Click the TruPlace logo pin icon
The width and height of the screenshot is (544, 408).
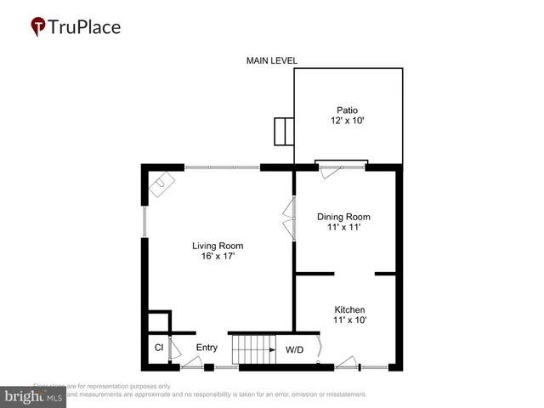click(x=38, y=27)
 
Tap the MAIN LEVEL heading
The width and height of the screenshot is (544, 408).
click(x=271, y=60)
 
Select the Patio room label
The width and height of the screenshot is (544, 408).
click(x=346, y=110)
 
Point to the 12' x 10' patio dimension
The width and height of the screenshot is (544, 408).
click(x=346, y=122)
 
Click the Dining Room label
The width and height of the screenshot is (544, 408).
click(x=343, y=217)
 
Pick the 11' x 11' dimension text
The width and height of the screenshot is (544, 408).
click(x=343, y=229)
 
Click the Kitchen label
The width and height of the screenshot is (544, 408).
click(x=349, y=309)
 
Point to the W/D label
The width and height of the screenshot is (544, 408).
click(x=295, y=349)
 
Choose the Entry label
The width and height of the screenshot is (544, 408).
click(x=207, y=348)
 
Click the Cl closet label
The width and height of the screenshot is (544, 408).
click(x=158, y=348)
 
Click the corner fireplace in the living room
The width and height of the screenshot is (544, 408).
click(x=161, y=184)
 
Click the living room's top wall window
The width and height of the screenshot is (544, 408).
click(x=222, y=167)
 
